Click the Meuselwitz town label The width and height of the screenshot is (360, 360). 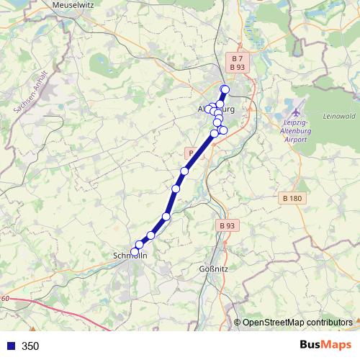[x=76, y=4]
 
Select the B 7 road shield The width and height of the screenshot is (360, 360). [x=237, y=57]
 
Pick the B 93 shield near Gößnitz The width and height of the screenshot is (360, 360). [x=226, y=225]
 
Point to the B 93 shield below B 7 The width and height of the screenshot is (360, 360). [x=237, y=67]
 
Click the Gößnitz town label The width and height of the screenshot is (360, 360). [x=213, y=270]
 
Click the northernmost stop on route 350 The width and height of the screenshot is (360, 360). [x=225, y=89]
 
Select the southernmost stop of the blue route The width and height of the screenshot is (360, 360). [x=134, y=251]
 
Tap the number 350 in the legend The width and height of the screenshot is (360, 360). [x=30, y=346]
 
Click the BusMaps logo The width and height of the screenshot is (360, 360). [x=326, y=345]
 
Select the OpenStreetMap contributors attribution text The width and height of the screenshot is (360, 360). [x=297, y=323]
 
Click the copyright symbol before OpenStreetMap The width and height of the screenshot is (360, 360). [x=237, y=323]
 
